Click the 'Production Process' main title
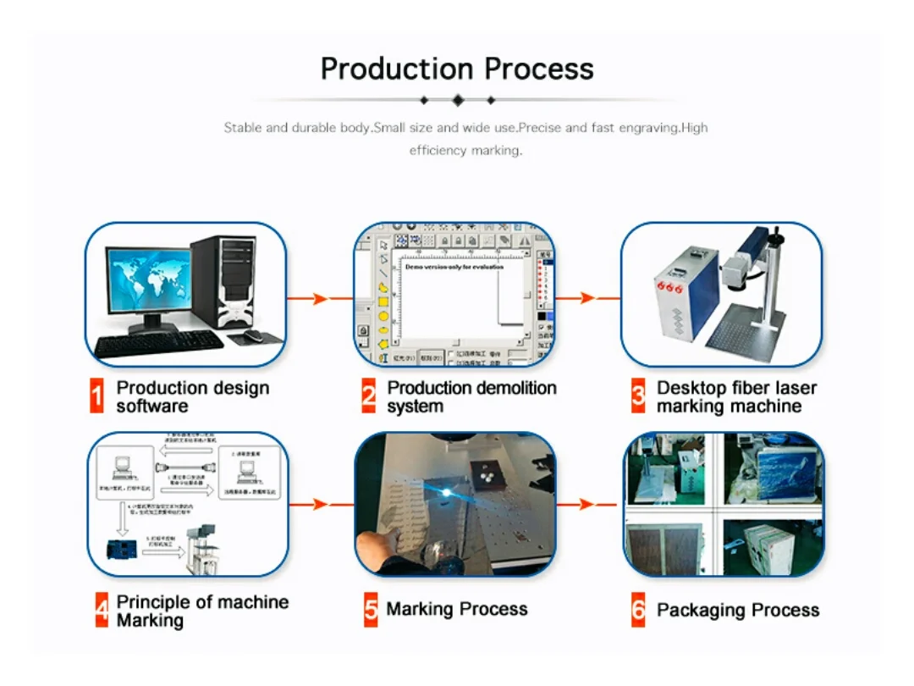click(x=457, y=69)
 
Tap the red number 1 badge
click(x=98, y=396)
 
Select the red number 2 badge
click(x=369, y=396)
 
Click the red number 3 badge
click(x=638, y=396)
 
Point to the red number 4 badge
click(x=102, y=611)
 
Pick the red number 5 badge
click(x=371, y=610)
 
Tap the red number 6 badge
click(x=638, y=610)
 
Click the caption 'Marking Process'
click(x=457, y=609)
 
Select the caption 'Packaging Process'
click(x=738, y=610)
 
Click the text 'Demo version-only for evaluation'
click(x=454, y=267)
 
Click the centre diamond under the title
click(x=458, y=100)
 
